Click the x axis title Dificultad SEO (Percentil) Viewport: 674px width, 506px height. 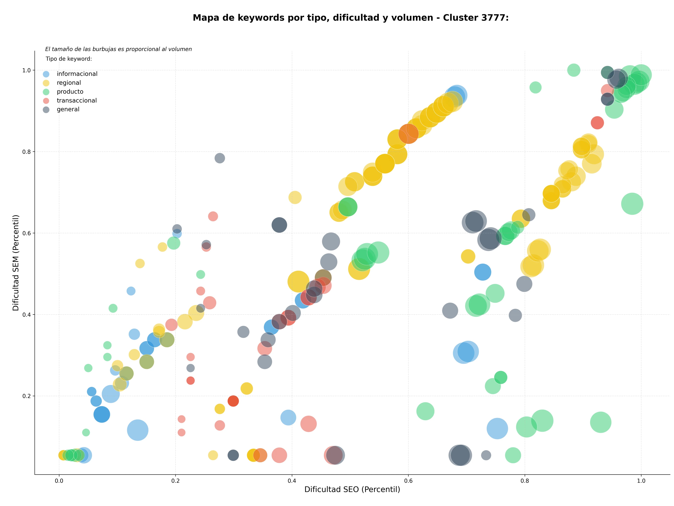coord(352,490)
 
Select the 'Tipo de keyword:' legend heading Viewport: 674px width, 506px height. coord(69,59)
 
